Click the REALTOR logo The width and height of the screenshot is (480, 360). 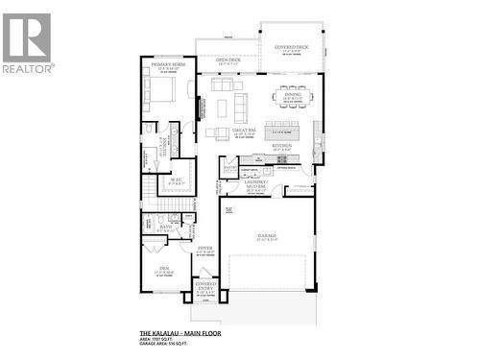27,43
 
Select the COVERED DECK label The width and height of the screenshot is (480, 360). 290,47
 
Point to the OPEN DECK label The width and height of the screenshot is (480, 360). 228,60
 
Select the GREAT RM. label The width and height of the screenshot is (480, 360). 244,129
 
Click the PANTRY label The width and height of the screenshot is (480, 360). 230,169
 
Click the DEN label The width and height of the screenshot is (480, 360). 163,269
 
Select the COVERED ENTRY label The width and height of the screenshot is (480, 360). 204,286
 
